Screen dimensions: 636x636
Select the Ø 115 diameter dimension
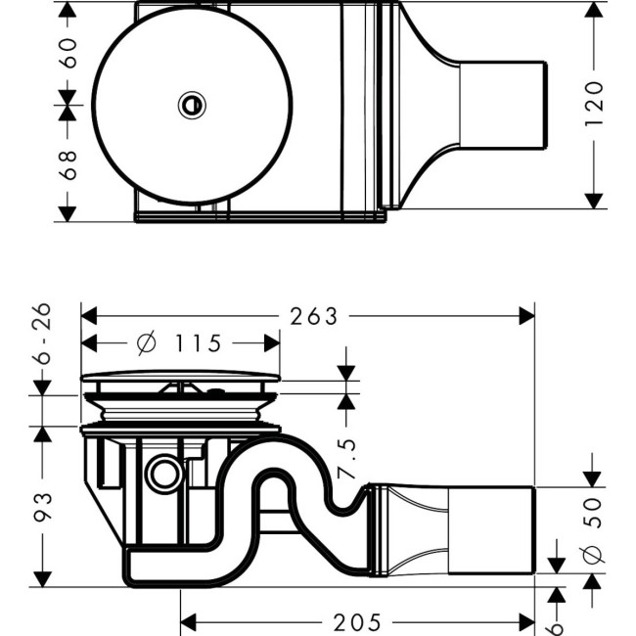(179, 343)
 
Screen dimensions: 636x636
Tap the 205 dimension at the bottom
(357, 622)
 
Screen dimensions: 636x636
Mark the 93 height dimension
(42, 505)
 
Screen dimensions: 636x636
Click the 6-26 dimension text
(42, 334)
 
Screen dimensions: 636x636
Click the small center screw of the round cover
(192, 104)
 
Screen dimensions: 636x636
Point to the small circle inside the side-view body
(161, 476)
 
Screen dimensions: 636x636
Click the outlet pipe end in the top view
(504, 105)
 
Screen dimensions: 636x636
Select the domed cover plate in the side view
(180, 377)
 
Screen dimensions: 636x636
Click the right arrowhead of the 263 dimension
(527, 316)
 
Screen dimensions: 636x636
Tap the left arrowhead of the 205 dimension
(189, 622)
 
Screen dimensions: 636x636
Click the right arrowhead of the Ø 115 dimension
(273, 343)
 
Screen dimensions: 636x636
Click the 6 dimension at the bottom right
(557, 626)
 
